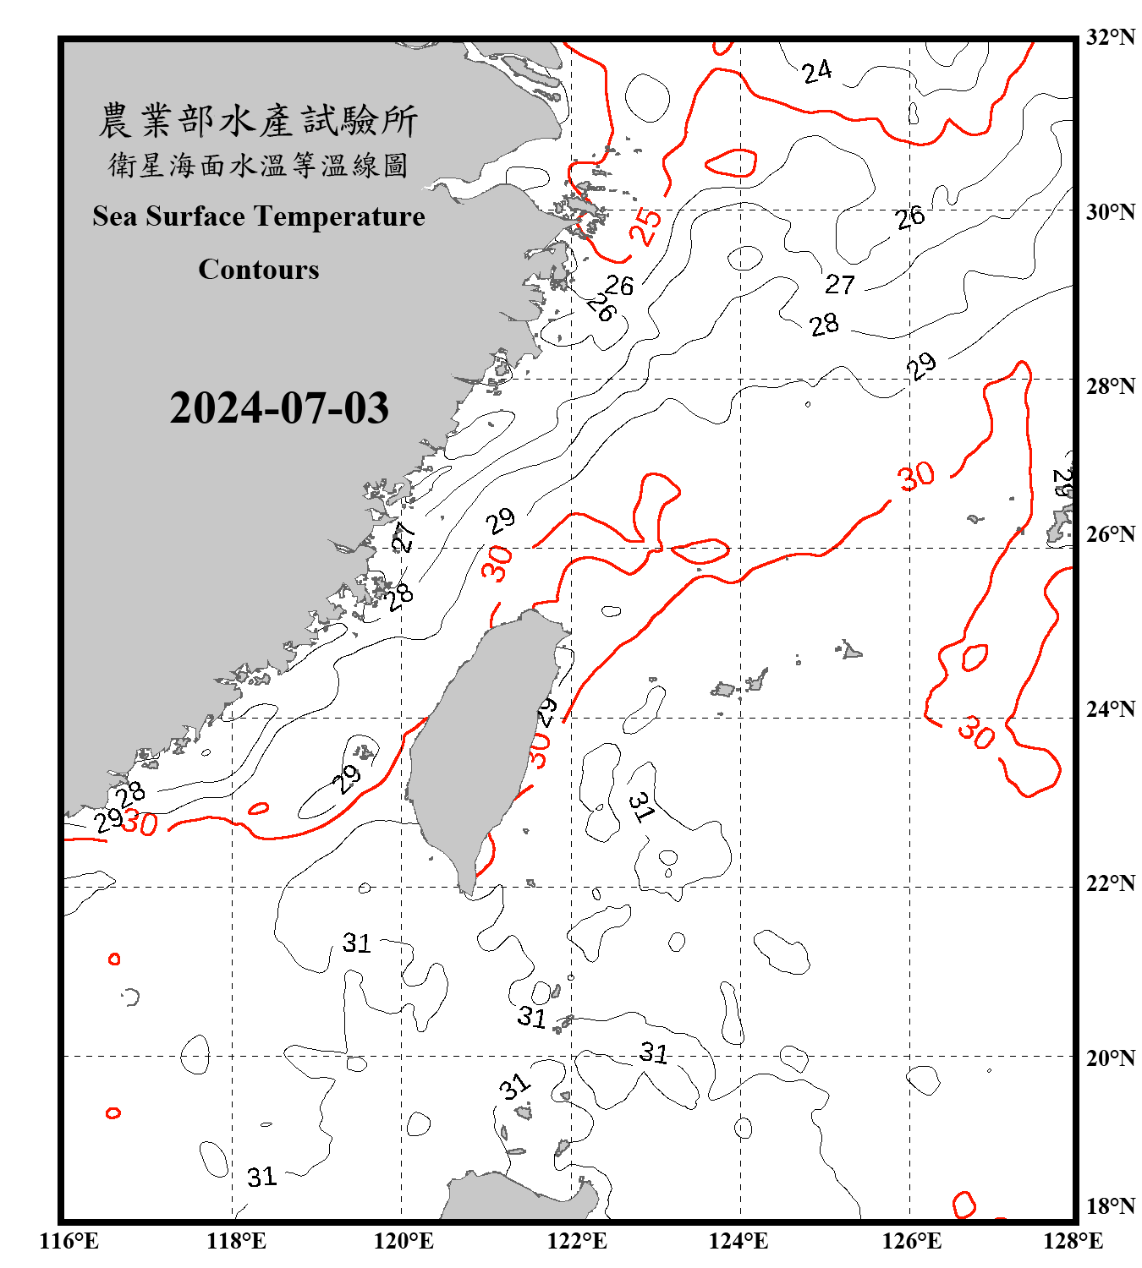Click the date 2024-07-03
(279, 408)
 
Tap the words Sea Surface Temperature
(259, 216)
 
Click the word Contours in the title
(259, 270)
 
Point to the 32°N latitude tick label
(1110, 37)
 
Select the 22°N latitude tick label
(1110, 883)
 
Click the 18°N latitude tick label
(1110, 1206)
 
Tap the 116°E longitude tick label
(69, 1241)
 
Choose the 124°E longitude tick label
(738, 1241)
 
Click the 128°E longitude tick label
(1073, 1241)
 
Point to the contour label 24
(817, 72)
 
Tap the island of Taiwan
(474, 744)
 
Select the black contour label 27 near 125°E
(840, 284)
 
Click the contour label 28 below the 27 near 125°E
(824, 325)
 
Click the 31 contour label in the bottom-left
(261, 1177)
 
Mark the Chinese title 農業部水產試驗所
(259, 120)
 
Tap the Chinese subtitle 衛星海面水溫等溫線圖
(259, 165)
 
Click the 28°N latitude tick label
(1110, 386)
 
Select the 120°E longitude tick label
(404, 1241)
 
